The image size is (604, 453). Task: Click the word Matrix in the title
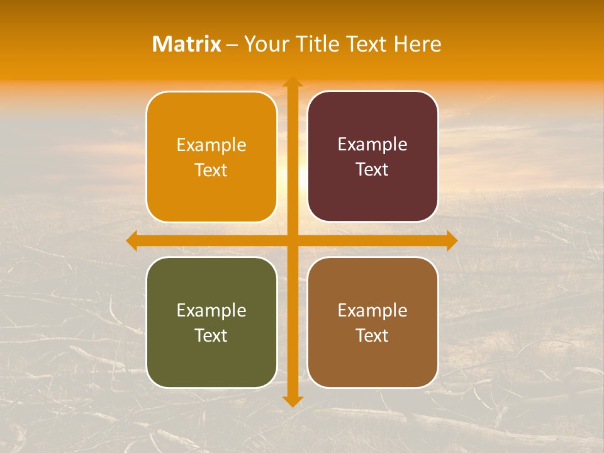187,44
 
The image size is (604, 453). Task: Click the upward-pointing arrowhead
293,82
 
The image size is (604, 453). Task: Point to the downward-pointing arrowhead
293,401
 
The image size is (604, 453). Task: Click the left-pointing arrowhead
131,241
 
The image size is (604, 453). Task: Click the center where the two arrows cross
293,241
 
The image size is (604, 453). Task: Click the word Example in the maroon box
372,144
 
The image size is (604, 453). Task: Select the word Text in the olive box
211,335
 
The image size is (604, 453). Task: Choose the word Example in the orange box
211,145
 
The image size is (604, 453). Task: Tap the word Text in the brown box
372,335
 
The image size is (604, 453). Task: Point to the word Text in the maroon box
372,169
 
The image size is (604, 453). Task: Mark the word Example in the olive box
211,310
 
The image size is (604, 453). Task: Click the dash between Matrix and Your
233,45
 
